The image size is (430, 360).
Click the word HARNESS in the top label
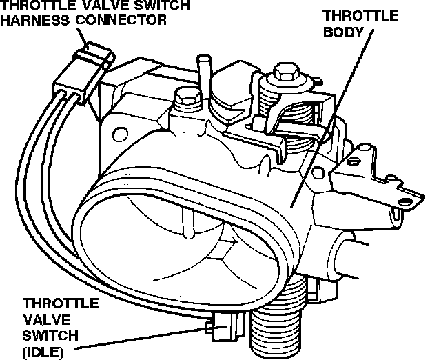[31, 20]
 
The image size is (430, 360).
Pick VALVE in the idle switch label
[43, 319]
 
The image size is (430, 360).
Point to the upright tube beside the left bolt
[203, 76]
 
